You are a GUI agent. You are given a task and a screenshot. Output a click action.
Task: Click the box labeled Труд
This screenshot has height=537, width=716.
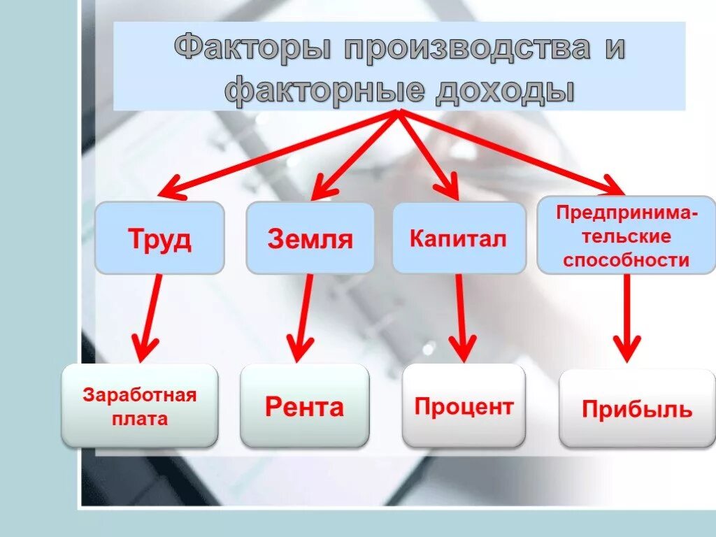[x=159, y=238]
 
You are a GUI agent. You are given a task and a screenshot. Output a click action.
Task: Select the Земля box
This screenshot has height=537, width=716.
[x=310, y=238]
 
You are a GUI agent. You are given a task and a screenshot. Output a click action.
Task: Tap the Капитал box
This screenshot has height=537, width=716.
[x=459, y=238]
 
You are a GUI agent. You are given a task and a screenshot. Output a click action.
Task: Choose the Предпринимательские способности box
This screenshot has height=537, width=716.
[x=626, y=236]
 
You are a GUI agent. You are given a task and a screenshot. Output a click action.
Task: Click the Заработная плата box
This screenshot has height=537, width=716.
[x=140, y=406]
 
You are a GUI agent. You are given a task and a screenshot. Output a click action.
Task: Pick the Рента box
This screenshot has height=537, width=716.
[x=304, y=406]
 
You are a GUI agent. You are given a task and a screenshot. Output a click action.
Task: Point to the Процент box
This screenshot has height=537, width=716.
[x=464, y=406]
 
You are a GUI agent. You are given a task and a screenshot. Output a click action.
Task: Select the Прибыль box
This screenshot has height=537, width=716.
[x=637, y=408]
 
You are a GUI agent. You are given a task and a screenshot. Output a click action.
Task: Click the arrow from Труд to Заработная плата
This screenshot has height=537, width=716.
[x=151, y=315]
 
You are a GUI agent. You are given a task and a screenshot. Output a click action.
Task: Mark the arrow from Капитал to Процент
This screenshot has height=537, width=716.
[x=461, y=315]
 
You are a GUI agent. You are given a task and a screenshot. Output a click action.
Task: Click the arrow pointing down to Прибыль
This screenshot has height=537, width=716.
[x=626, y=315]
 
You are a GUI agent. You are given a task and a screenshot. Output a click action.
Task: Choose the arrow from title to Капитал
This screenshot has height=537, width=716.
[x=427, y=150]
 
